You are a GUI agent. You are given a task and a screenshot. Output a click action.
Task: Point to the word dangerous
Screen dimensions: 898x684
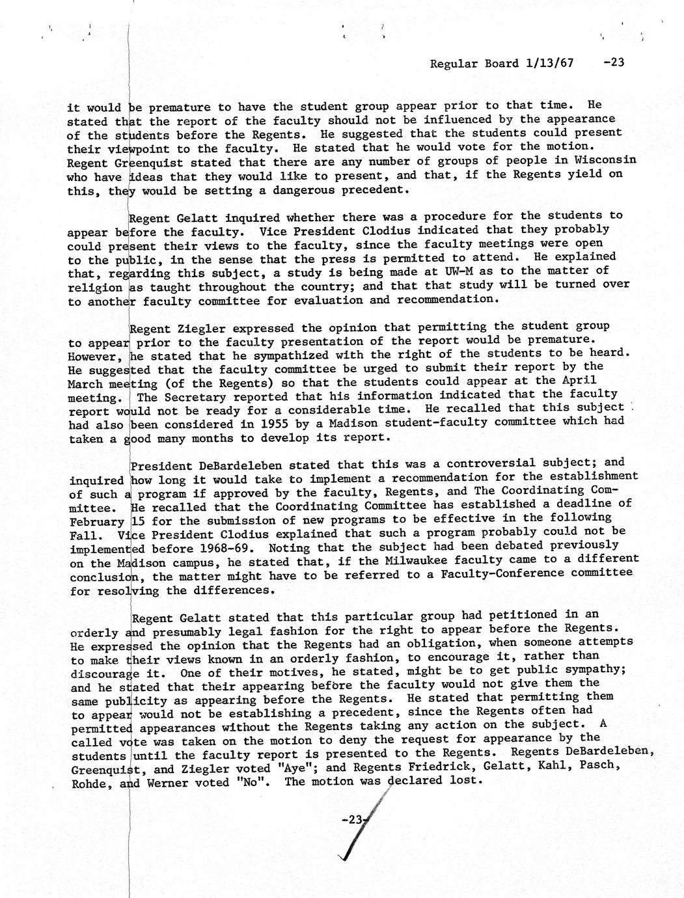pyautogui.click(x=299, y=190)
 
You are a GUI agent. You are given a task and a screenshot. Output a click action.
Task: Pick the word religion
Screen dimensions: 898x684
pyautogui.click(x=94, y=287)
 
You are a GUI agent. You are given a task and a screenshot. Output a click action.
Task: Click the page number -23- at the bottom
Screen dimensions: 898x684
pyautogui.click(x=355, y=821)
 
